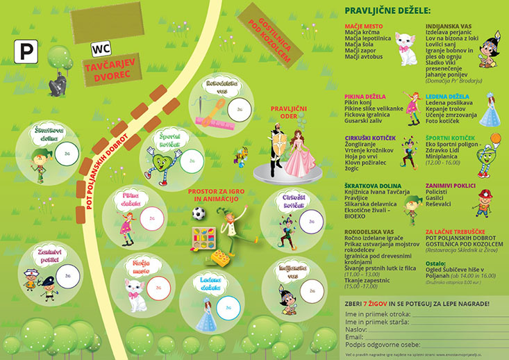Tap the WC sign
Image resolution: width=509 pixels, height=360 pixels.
pos(101,49)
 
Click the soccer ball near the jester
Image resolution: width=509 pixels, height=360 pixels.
pos(199,213)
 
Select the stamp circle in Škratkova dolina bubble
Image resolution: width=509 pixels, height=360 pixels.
pos(68,154)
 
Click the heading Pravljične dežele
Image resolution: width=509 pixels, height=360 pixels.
pos(387,11)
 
